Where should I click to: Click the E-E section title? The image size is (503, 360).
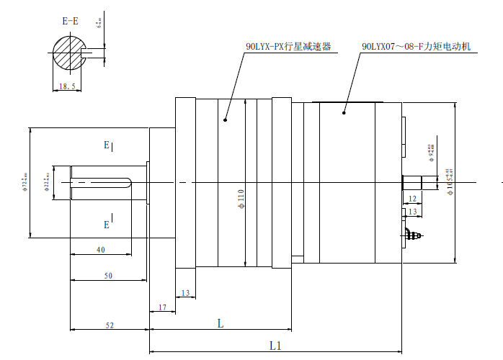click(70, 21)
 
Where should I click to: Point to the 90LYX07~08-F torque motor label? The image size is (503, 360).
click(416, 46)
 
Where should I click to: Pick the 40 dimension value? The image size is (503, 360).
click(100, 249)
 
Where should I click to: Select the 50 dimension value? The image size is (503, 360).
click(108, 276)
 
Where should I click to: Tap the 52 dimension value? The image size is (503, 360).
click(110, 325)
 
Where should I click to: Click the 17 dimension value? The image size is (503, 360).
click(161, 307)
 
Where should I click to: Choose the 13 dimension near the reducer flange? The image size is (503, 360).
click(185, 293)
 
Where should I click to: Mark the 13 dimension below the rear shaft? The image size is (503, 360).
click(412, 212)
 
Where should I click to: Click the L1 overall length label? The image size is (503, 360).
click(275, 346)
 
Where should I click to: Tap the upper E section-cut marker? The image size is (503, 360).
click(107, 145)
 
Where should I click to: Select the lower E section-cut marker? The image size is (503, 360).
click(107, 225)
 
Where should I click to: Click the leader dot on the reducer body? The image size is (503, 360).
click(225, 120)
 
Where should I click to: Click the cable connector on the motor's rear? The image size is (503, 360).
click(411, 234)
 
